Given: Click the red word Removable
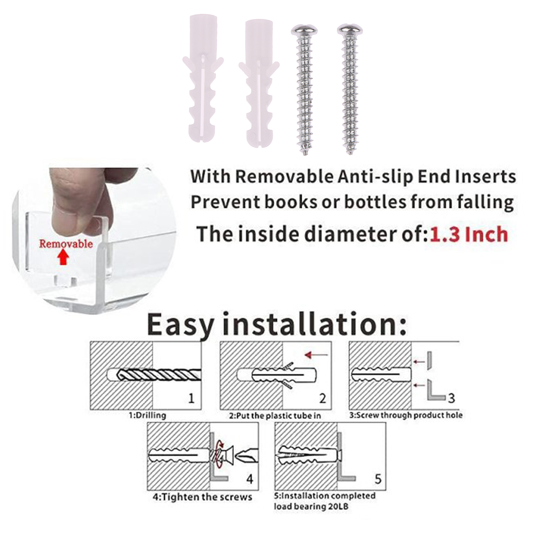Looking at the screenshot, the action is (66, 243).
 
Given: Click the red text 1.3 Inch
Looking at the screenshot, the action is (468, 234).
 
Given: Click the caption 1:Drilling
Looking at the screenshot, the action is (147, 416).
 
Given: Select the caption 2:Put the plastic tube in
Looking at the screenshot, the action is (275, 416).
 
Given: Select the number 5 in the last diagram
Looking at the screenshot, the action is (378, 479).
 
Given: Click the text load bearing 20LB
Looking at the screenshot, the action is (311, 507).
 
